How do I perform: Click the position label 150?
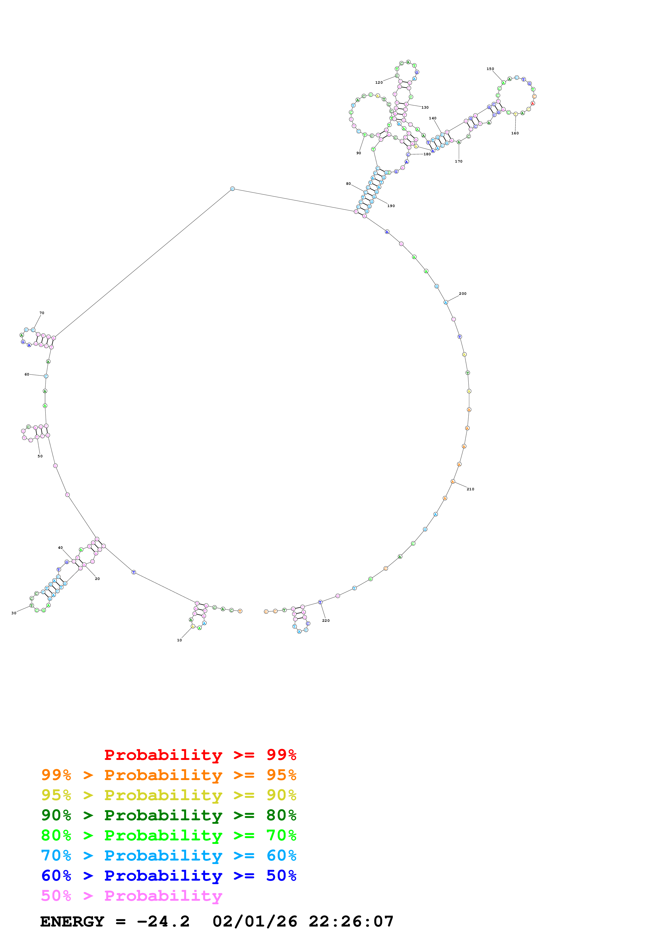(x=490, y=69)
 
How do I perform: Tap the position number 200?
(x=462, y=293)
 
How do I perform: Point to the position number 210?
(x=470, y=489)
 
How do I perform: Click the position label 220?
(x=326, y=620)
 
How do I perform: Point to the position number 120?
(x=379, y=82)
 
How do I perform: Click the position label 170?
(x=458, y=161)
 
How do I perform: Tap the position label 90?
(x=358, y=153)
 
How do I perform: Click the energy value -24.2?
(x=163, y=922)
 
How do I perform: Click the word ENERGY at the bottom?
(x=72, y=922)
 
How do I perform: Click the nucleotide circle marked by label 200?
(x=446, y=303)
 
